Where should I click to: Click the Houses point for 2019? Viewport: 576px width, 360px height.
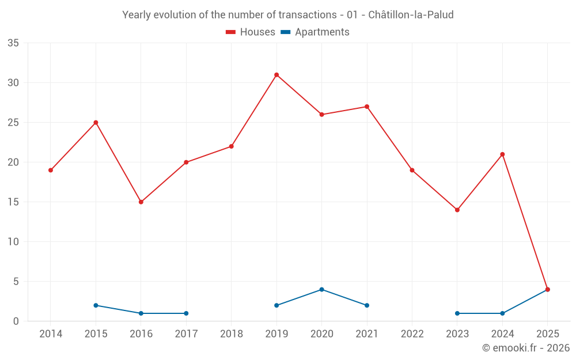tap(276, 75)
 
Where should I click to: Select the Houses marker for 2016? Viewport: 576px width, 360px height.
tap(141, 202)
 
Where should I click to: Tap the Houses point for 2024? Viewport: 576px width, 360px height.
tap(502, 154)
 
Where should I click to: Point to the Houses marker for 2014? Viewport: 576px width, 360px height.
tap(51, 170)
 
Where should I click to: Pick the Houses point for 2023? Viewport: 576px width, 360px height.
tap(457, 210)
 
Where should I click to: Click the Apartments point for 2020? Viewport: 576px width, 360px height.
tap(321, 290)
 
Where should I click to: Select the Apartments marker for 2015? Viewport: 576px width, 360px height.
tap(96, 305)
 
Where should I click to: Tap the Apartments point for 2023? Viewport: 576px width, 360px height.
tap(457, 313)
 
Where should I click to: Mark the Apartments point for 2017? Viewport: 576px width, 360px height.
tap(186, 313)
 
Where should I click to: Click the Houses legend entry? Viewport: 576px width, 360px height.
tap(251, 32)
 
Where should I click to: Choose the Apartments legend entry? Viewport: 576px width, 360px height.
tap(315, 32)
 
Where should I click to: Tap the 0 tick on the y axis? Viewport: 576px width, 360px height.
tap(16, 321)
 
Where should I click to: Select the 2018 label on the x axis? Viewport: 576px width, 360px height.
tap(232, 334)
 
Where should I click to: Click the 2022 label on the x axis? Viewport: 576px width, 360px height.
tap(412, 334)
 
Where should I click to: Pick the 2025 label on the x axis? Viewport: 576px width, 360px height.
tap(548, 334)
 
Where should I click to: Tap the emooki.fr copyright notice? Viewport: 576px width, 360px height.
tap(526, 348)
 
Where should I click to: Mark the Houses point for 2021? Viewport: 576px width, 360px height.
tap(367, 107)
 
